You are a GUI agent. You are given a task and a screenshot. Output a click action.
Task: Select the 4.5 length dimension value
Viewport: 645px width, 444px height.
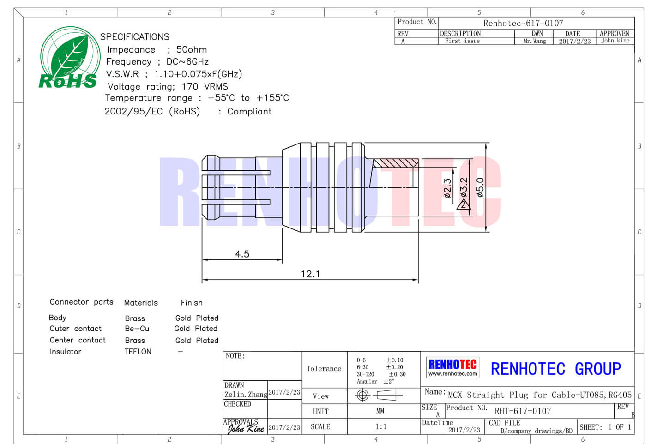[242, 254]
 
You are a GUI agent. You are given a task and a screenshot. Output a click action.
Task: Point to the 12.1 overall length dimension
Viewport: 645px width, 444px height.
[310, 274]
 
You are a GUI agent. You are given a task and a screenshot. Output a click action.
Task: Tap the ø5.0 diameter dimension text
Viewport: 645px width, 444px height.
[480, 187]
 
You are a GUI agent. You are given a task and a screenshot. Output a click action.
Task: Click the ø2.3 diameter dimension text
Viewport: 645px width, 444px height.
[447, 188]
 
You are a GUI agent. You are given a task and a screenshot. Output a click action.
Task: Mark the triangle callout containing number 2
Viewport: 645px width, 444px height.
[464, 204]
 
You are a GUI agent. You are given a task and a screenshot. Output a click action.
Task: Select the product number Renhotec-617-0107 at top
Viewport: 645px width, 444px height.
[523, 23]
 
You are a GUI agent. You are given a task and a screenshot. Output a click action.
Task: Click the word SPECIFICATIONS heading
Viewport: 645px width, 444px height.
[135, 37]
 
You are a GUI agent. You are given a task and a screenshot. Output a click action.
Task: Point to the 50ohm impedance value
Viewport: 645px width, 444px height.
[192, 49]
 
